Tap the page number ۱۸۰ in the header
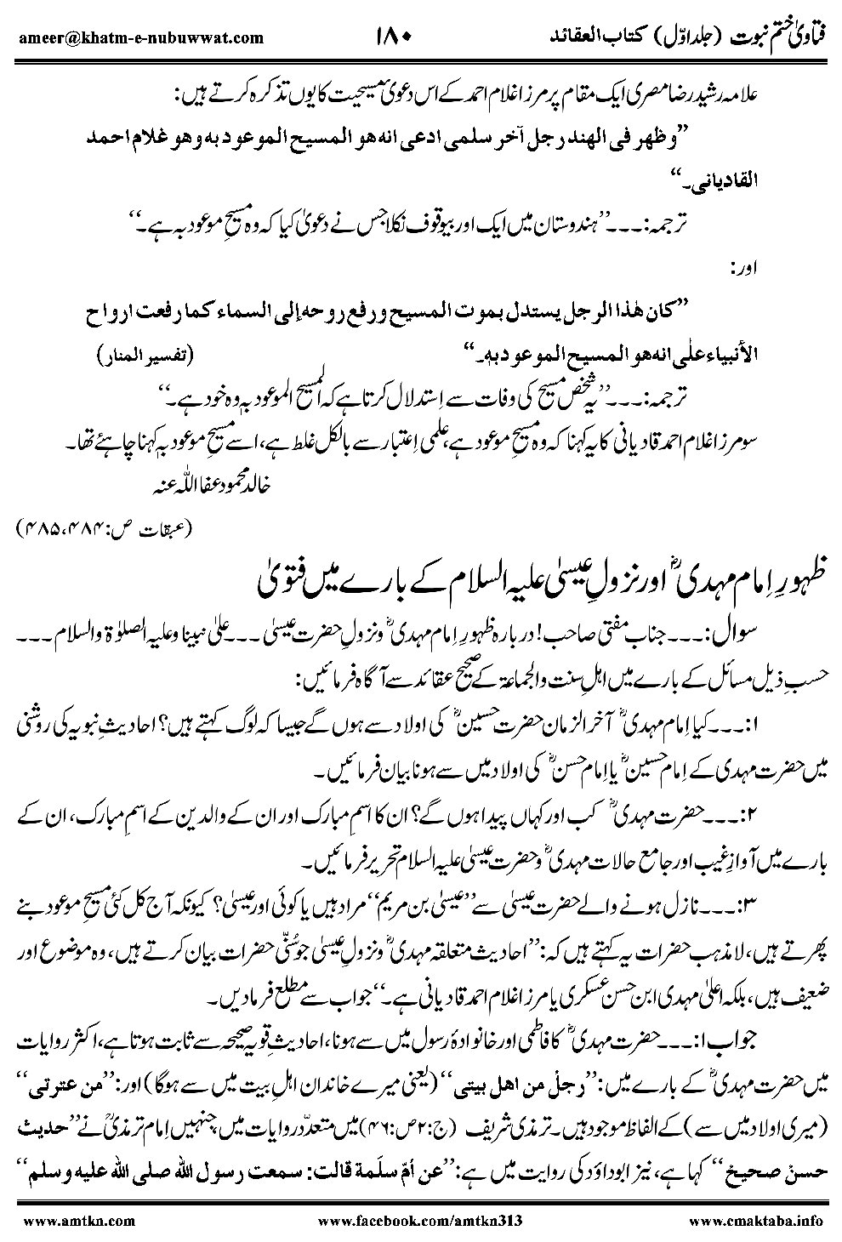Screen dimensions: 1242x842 393,37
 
